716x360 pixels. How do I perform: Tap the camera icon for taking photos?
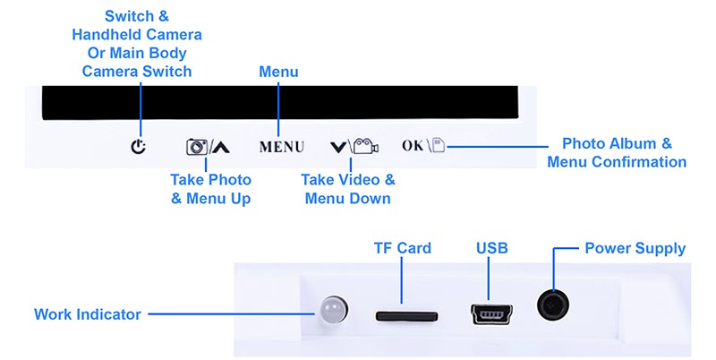196,147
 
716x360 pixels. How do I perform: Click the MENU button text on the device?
281,147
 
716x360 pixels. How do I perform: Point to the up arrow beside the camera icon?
220,147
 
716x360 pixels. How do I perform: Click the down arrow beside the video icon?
337,147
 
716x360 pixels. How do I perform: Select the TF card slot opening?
406,315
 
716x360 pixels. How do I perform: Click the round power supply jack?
553,305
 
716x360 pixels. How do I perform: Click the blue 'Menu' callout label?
278,72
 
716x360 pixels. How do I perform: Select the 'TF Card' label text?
402,248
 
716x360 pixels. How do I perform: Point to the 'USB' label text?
492,248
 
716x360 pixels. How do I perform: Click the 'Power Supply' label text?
635,248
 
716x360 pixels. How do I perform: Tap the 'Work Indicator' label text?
88,314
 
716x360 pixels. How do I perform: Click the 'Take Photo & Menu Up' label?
210,189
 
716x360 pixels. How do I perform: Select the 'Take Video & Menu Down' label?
347,189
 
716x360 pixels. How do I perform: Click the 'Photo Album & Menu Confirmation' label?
617,153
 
